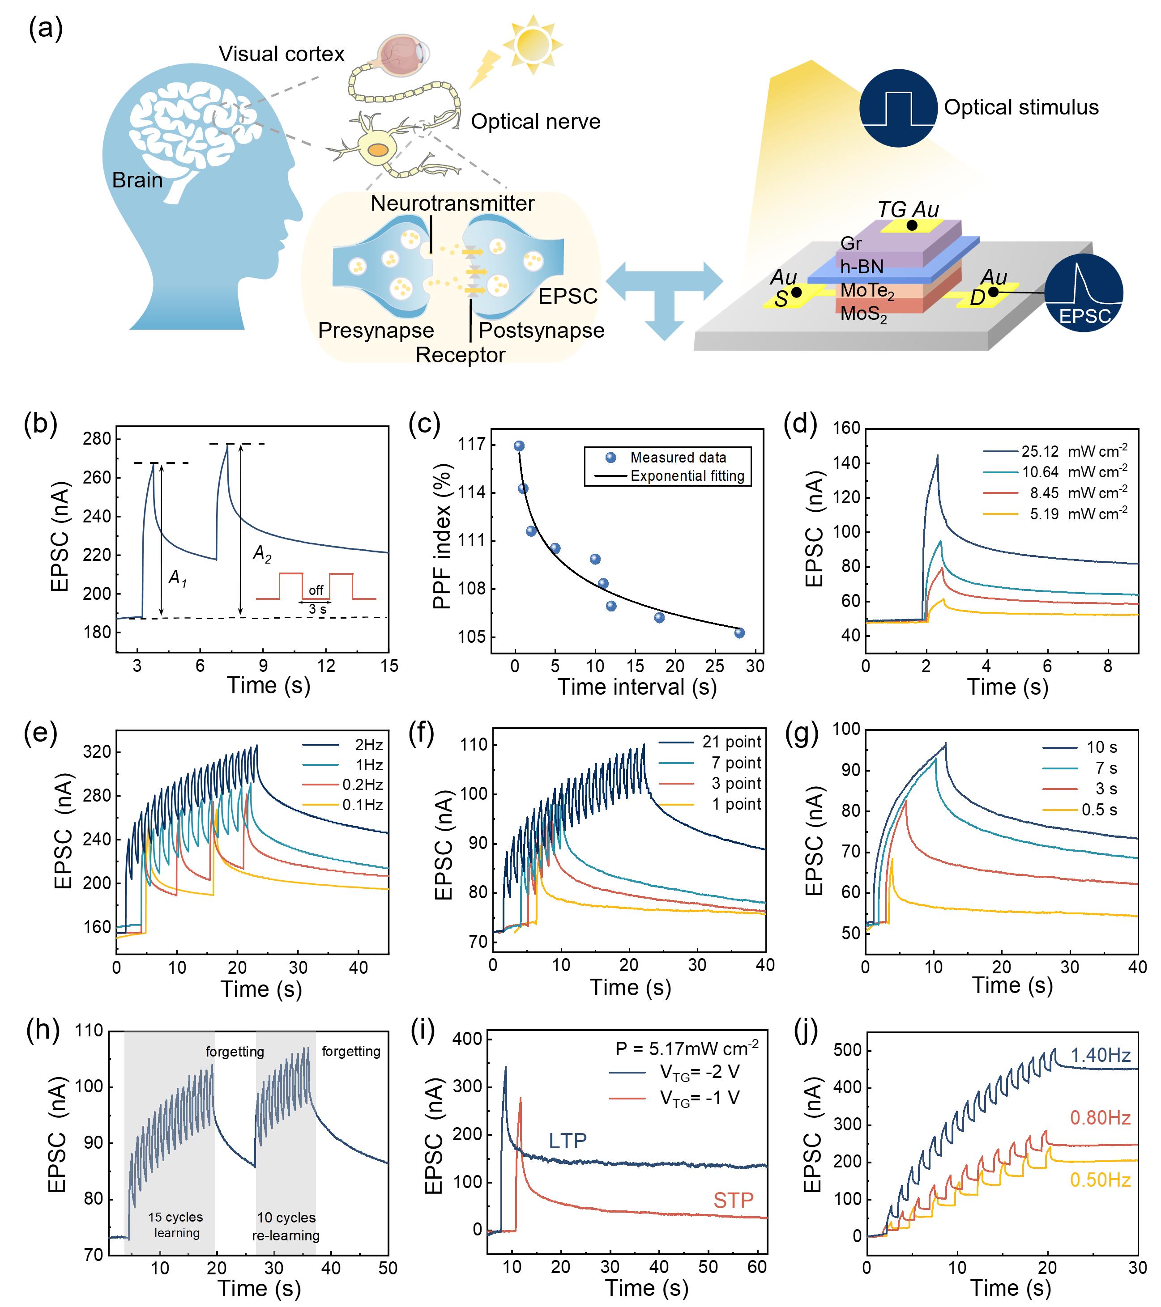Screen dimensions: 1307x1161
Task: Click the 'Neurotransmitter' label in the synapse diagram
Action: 452,204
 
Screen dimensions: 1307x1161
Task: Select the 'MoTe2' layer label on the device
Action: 867,291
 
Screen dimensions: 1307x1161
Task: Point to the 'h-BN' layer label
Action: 862,267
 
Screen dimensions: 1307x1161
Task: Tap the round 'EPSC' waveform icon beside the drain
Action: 1084,293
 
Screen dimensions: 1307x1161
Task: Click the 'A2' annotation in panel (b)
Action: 262,553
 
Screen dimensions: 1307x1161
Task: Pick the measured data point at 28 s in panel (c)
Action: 739,633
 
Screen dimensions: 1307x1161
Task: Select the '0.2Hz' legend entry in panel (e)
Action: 362,785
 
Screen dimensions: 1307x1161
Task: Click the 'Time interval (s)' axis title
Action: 636,687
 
